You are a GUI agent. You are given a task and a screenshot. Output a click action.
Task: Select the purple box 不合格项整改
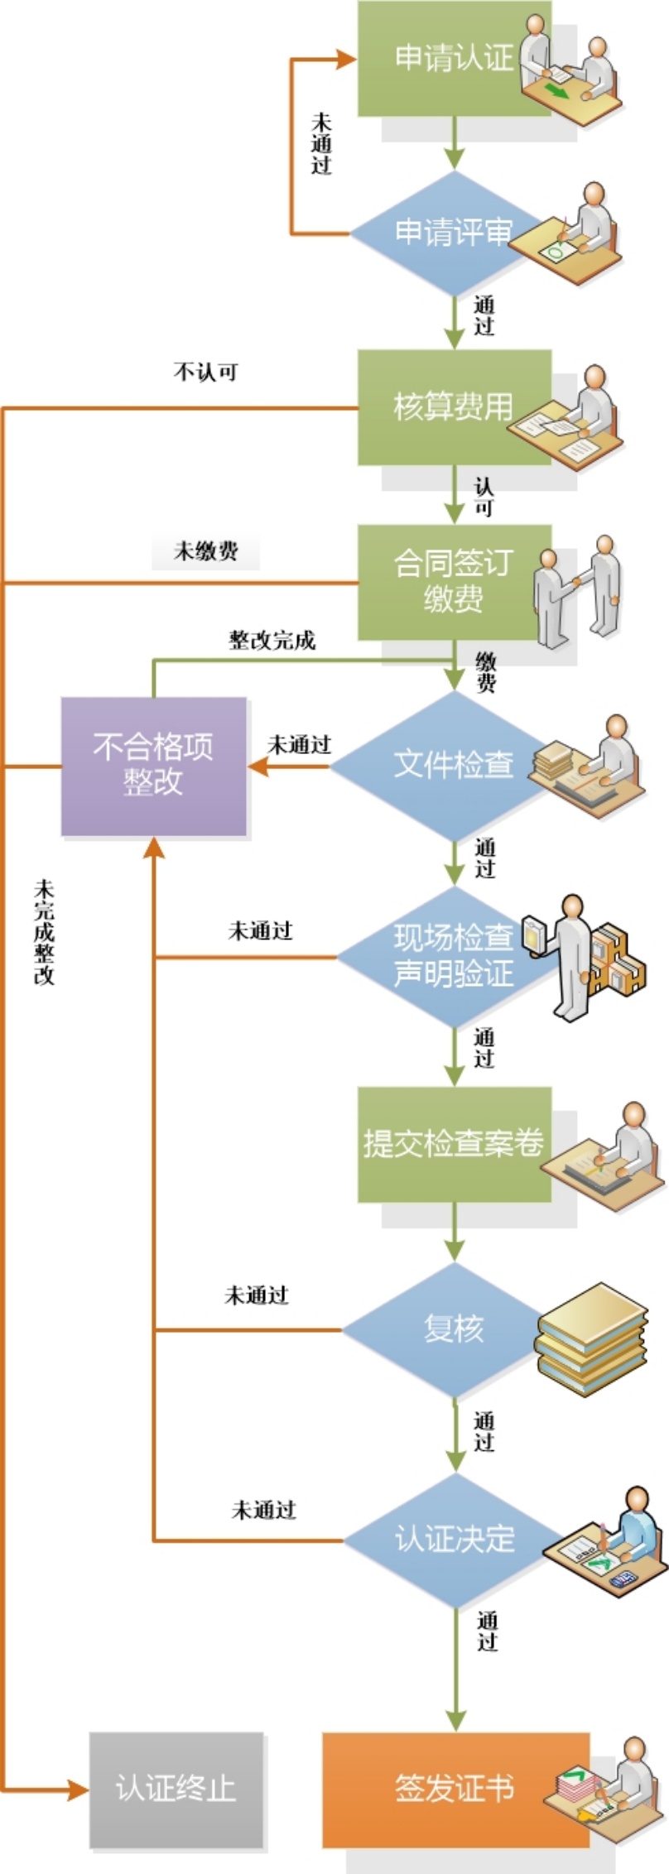[154, 765]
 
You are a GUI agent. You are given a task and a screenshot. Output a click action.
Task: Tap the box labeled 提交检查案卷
[454, 1143]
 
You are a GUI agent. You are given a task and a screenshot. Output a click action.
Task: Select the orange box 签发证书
[454, 1788]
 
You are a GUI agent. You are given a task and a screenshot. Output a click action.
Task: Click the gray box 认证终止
[176, 1789]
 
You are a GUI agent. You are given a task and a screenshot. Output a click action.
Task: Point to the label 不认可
[205, 372]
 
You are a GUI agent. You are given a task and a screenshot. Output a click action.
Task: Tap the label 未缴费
[205, 551]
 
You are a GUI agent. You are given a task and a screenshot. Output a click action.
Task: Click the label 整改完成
[272, 640]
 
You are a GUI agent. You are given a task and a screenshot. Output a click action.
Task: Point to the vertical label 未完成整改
[44, 933]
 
